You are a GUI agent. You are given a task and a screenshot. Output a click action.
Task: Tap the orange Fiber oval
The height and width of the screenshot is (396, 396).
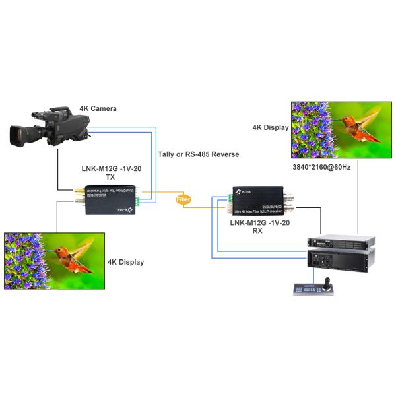click(x=184, y=199)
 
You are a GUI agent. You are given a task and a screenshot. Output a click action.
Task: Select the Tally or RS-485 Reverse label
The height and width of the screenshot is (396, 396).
click(x=199, y=154)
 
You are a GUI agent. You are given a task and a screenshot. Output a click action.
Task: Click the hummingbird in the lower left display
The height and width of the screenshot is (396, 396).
click(x=69, y=254)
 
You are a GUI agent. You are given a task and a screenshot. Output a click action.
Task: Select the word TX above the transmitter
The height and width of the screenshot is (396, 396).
click(x=110, y=178)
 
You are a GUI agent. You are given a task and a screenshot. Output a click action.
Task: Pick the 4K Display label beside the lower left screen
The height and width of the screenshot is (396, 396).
click(x=125, y=262)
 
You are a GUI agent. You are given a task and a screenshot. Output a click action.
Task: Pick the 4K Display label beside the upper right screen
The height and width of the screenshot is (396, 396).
click(x=271, y=127)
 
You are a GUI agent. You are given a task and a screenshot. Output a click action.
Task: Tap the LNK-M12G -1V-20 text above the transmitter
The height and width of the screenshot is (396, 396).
click(x=110, y=169)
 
